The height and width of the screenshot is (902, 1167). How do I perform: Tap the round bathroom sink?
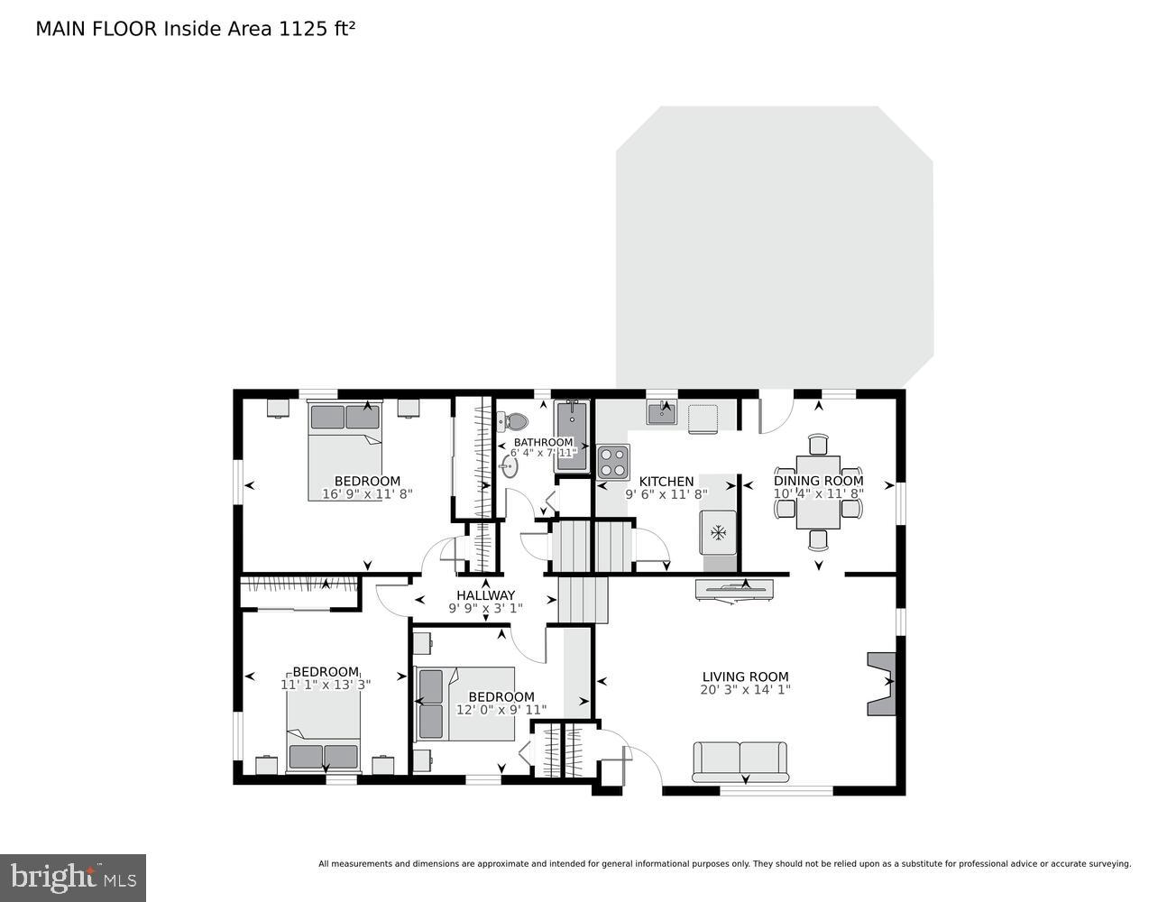point(510,466)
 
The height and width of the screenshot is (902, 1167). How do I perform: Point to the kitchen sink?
point(663,413)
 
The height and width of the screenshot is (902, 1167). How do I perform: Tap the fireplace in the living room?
point(882,684)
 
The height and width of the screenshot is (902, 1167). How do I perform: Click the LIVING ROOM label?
point(745,676)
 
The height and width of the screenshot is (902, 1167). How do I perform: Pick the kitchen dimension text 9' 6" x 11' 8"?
point(666,494)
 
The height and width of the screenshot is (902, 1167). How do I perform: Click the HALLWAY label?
point(485,595)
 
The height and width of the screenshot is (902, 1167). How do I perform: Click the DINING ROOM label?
point(818,481)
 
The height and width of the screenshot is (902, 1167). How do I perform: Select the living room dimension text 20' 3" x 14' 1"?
point(745,690)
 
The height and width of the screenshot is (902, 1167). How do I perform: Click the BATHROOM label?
point(543,442)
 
